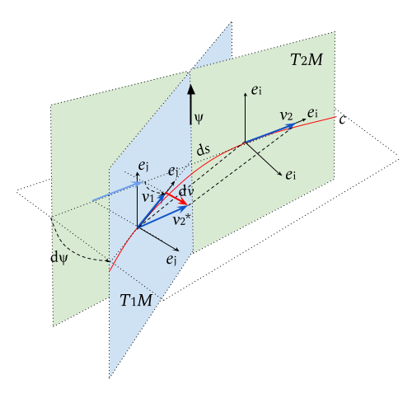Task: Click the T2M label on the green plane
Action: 307,59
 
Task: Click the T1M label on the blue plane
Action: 136,300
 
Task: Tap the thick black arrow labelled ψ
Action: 191,105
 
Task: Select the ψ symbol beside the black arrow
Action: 199,119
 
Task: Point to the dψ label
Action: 59,258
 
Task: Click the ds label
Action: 204,150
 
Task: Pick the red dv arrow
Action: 176,199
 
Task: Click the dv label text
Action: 186,191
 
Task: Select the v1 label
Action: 148,197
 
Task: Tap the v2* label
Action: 181,220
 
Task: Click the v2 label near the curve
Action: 286,115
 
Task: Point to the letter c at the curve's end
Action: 342,119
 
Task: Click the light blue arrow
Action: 118,191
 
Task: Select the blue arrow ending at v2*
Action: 162,217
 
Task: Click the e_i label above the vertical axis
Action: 256,91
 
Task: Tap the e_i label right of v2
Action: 312,113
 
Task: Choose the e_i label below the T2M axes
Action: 291,175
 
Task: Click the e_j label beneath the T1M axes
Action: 171,260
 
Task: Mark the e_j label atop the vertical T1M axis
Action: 143,166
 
